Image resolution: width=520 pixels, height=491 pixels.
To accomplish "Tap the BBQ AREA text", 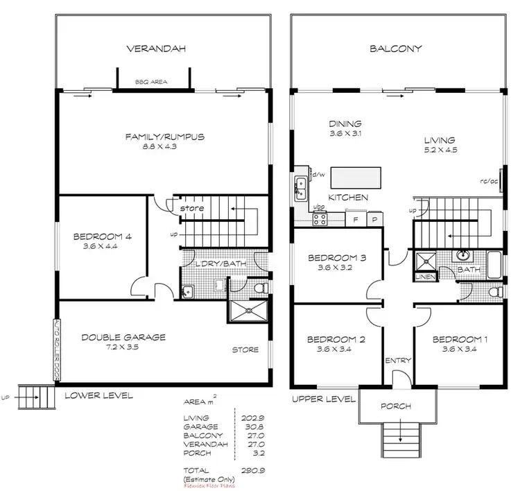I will pyautogui.click(x=154, y=80).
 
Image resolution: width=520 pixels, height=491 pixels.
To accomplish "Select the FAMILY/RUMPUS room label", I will pyautogui.click(x=164, y=137).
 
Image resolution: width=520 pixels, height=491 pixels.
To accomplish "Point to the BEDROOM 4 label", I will pyautogui.click(x=102, y=236).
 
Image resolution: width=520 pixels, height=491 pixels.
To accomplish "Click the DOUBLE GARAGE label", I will pyautogui.click(x=123, y=337).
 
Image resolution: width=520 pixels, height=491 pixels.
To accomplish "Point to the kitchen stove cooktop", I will pyautogui.click(x=320, y=218).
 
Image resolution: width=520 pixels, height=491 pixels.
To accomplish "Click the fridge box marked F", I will pyautogui.click(x=356, y=218).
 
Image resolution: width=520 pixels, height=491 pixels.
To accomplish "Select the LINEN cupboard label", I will pyautogui.click(x=424, y=277).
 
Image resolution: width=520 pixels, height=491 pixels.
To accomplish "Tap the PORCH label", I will pyautogui.click(x=397, y=406).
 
